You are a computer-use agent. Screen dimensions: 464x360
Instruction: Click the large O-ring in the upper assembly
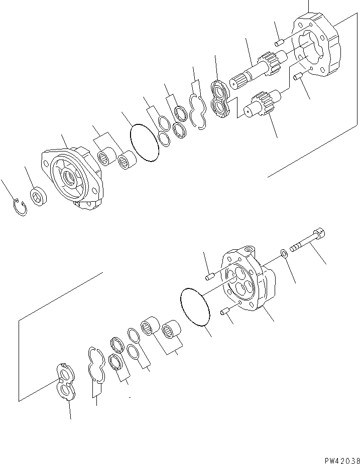[x=144, y=143]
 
